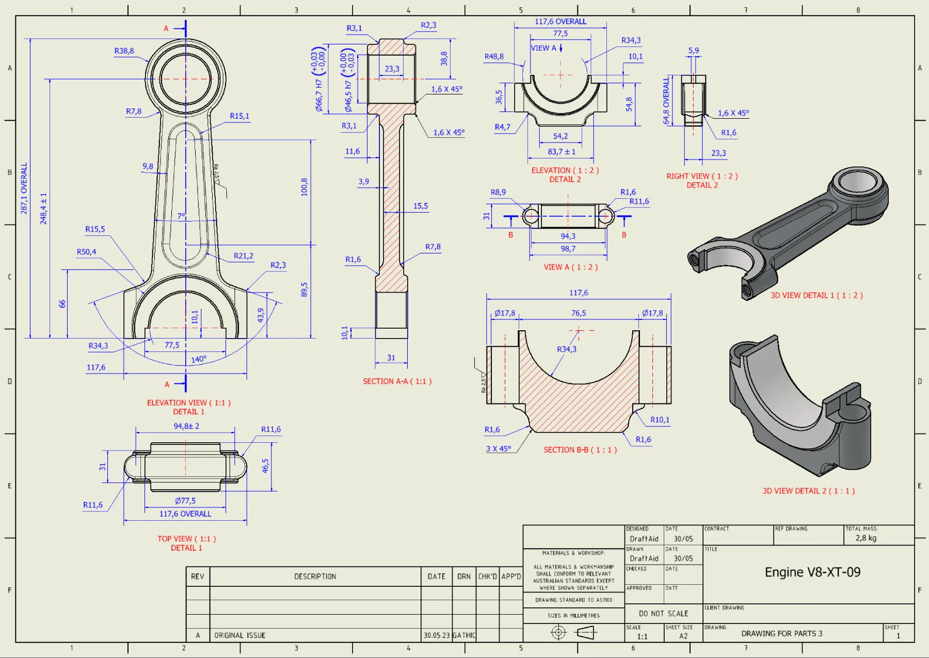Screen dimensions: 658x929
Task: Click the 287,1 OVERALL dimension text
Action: click(x=24, y=188)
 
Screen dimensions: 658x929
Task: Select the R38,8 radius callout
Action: click(x=124, y=51)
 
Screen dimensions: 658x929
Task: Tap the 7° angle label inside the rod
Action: click(x=181, y=216)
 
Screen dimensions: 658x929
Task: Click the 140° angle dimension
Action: click(x=199, y=359)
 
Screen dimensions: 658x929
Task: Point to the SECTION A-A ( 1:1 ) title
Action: click(x=397, y=381)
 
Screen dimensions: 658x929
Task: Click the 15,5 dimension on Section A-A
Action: click(x=420, y=206)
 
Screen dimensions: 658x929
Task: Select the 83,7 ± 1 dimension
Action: click(x=561, y=152)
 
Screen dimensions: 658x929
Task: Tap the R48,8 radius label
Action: click(x=494, y=56)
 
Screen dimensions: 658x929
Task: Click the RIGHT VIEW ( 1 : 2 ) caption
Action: click(x=702, y=176)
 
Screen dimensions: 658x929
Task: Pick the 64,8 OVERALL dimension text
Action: click(x=666, y=101)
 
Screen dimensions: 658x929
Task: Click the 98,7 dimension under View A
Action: click(x=568, y=249)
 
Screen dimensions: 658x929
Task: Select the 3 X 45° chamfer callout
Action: click(x=499, y=448)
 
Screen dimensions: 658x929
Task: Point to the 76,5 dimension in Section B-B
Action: click(x=579, y=313)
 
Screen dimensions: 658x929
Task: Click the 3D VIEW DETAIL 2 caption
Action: click(x=809, y=491)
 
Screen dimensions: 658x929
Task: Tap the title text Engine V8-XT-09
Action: click(x=812, y=572)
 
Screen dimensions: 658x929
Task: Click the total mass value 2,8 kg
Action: click(x=866, y=538)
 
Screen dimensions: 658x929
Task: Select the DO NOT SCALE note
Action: click(x=663, y=614)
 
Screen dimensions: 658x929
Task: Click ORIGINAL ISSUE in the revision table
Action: click(x=239, y=635)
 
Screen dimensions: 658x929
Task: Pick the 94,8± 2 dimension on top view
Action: click(x=186, y=426)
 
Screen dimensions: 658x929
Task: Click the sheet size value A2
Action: click(x=683, y=636)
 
